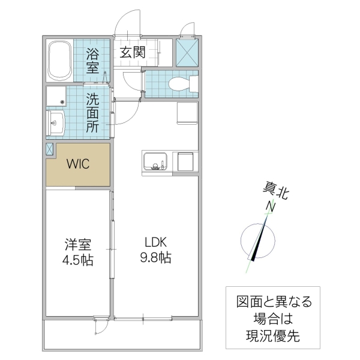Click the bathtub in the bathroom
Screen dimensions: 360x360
pyautogui.click(x=59, y=60)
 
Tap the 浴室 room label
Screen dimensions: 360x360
pyautogui.click(x=93, y=60)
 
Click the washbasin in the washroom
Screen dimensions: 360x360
pyautogui.click(x=56, y=125)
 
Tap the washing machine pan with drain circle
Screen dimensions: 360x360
pyautogui.click(x=58, y=97)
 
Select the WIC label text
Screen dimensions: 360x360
pyautogui.click(x=78, y=164)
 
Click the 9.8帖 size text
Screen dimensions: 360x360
pyautogui.click(x=157, y=259)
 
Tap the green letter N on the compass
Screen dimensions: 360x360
pyautogui.click(x=271, y=208)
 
